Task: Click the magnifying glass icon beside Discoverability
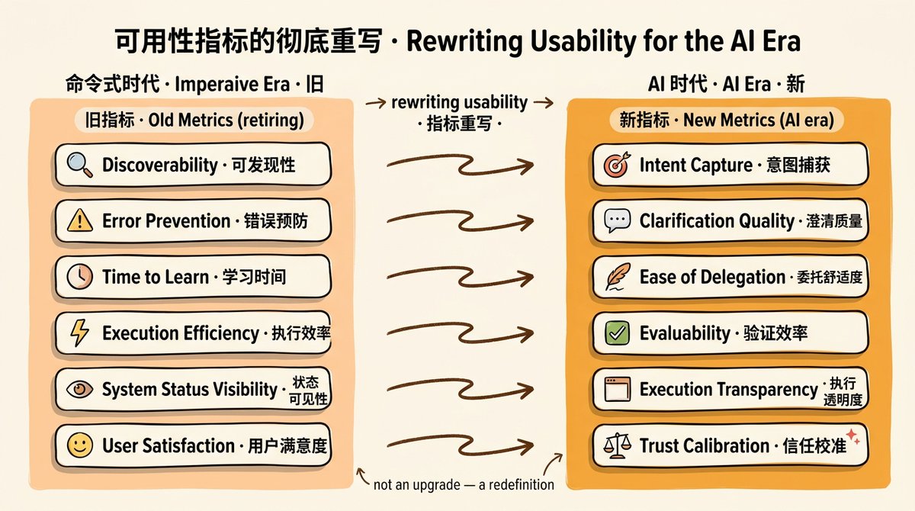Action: [x=79, y=165]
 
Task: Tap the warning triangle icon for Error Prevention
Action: [x=79, y=220]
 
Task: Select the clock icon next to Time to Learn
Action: [x=79, y=277]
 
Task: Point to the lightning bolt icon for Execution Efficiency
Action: [x=79, y=333]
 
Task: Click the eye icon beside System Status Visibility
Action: [x=79, y=388]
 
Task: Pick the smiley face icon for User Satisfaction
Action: [x=79, y=445]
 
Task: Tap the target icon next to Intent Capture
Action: [x=617, y=165]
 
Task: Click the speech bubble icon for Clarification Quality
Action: [x=617, y=220]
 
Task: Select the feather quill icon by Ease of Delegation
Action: [x=617, y=277]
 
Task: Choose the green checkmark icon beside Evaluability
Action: [x=617, y=333]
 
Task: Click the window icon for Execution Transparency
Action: [x=617, y=389]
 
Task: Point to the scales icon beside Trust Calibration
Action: [x=617, y=445]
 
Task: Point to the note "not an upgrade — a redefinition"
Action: [x=464, y=485]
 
